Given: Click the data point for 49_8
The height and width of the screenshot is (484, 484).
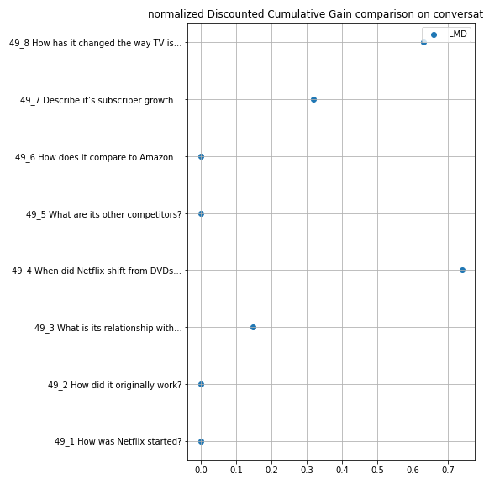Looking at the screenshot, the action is pos(423,42).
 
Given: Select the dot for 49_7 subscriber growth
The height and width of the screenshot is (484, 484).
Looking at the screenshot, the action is pos(313,99).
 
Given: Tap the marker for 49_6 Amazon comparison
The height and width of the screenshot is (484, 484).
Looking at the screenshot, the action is pos(201,157).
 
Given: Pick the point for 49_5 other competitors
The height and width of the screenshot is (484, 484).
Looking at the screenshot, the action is pos(201,213).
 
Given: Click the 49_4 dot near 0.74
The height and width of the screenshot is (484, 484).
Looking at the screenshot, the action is pos(462,270).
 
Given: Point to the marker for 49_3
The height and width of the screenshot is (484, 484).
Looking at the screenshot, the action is pos(253,327).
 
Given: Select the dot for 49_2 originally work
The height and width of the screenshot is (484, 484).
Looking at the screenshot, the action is pos(201,384).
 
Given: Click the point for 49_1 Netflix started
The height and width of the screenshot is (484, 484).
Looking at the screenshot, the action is pos(201,441).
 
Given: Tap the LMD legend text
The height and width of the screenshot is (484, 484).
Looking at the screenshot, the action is pos(457,34).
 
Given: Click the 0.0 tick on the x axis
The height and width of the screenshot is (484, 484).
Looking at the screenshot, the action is pos(201,470).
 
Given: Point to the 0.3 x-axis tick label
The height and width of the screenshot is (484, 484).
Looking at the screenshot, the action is pos(307,470).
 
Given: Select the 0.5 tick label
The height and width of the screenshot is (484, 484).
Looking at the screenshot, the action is pos(377,470).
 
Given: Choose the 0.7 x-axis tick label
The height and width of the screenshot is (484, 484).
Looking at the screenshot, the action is pos(448,470).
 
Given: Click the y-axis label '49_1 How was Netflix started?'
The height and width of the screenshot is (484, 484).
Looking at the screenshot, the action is pos(118,441).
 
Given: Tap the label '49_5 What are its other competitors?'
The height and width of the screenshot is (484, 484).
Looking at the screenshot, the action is pos(103,214).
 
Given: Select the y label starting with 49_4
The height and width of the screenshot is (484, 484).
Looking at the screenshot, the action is pos(97,271).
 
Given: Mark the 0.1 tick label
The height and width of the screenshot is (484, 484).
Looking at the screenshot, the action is pos(236,470).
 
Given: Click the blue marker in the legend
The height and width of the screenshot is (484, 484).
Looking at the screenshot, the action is pos(434,34).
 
